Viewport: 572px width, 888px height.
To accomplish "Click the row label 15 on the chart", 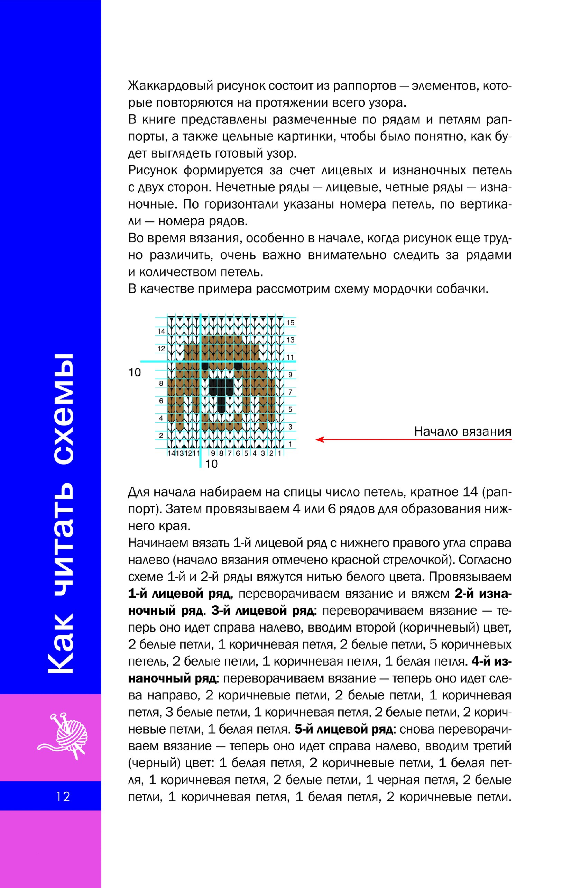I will click(x=290, y=322).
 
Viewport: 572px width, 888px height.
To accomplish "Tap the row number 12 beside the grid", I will click(x=161, y=348).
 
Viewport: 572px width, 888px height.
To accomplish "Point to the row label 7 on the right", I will click(x=290, y=392).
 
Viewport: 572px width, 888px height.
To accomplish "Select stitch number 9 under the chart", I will click(x=213, y=453).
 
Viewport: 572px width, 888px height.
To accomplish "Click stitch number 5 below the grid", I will click(x=246, y=453).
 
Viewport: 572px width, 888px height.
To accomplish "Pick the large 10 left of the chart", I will click(x=135, y=372).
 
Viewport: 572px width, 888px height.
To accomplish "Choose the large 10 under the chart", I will click(x=211, y=464).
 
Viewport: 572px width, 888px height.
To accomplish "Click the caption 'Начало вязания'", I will click(x=462, y=431).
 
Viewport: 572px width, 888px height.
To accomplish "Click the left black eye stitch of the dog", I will click(x=205, y=366).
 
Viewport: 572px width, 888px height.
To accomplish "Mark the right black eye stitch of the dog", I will click(x=238, y=366).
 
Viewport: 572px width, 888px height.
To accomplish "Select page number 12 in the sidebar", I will click(x=63, y=797).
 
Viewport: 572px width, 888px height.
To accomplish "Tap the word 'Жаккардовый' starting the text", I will click(x=171, y=86).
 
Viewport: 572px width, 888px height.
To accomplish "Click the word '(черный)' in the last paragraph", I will click(x=154, y=763).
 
